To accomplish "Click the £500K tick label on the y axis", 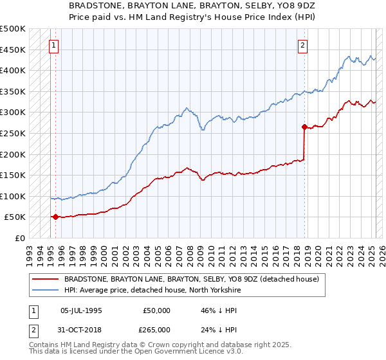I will [13, 29].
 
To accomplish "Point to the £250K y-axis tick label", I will [13, 133].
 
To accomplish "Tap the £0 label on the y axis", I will [20, 238].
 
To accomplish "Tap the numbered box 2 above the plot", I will [302, 45].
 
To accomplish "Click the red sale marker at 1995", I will [55, 217].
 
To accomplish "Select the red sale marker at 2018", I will [304, 127].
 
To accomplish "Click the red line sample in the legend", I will [45, 279].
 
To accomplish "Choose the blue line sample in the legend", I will [45, 291].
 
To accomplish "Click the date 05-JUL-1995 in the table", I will [81, 310].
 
